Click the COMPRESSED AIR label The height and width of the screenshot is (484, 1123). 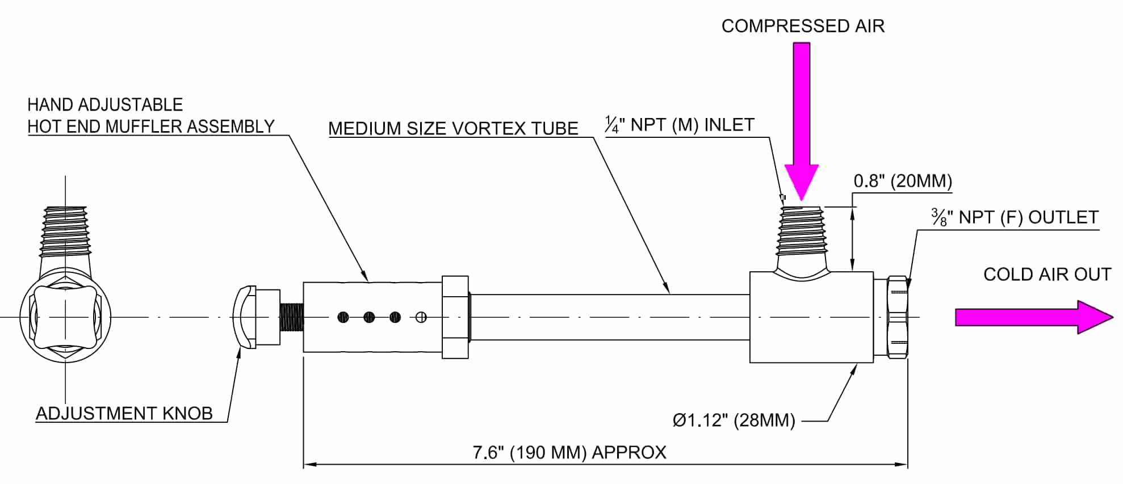tap(802, 26)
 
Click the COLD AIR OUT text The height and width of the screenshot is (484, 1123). tap(1046, 275)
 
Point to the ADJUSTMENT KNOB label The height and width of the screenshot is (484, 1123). tap(124, 414)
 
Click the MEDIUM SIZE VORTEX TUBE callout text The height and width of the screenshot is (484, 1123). tap(453, 129)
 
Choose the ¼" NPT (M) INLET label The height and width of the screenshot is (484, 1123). tap(680, 125)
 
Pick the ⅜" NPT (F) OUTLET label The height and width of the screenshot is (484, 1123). tap(1015, 218)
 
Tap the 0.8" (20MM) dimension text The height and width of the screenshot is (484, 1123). tap(903, 182)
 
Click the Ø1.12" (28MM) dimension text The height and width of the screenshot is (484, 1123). tap(734, 420)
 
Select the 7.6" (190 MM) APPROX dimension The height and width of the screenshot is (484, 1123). tap(569, 452)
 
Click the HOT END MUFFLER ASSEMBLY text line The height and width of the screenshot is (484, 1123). tap(151, 127)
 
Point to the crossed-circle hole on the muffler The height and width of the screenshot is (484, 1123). tap(421, 317)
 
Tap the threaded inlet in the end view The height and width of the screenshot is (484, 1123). tap(65, 233)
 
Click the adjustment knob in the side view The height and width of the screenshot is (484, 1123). tap(245, 317)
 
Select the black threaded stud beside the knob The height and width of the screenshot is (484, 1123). tap(292, 317)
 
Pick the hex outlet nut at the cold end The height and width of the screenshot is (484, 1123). tap(897, 317)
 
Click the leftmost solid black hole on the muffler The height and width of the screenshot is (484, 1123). tap(343, 317)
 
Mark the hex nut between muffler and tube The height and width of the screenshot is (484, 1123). tap(455, 317)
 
